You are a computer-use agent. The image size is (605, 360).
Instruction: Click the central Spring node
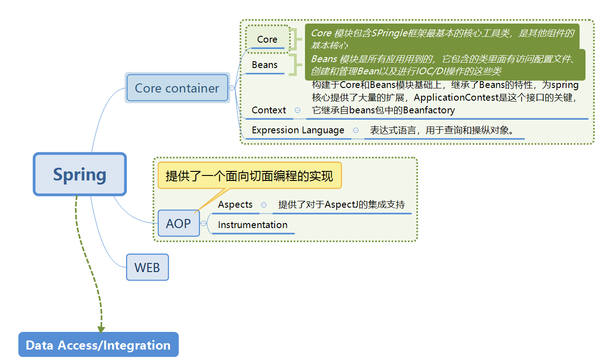(x=80, y=175)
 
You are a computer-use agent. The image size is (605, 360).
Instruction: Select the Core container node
(x=177, y=88)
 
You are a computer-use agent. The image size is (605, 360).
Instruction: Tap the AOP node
(x=179, y=224)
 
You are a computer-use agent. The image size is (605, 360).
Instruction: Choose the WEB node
(x=147, y=268)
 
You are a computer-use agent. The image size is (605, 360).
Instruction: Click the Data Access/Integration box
(x=98, y=345)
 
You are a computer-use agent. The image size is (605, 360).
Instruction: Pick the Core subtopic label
(x=267, y=39)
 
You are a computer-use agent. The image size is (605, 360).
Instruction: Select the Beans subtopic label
(x=265, y=65)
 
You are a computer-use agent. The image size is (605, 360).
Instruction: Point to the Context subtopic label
(x=269, y=110)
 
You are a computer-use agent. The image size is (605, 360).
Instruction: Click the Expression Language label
(x=298, y=130)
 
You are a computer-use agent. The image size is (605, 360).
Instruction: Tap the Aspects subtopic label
(x=235, y=204)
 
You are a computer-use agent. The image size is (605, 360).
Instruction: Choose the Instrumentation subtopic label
(x=252, y=225)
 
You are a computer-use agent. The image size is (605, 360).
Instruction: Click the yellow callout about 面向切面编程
(x=249, y=176)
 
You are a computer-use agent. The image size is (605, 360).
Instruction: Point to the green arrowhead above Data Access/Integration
(x=101, y=329)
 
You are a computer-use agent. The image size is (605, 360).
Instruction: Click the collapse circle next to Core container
(x=232, y=88)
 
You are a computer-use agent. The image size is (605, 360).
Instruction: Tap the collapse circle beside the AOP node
(x=203, y=224)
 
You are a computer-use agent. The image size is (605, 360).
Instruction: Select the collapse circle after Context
(x=297, y=110)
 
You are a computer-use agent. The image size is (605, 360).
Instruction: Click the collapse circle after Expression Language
(x=356, y=130)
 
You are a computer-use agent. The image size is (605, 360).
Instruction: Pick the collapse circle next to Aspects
(x=264, y=205)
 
